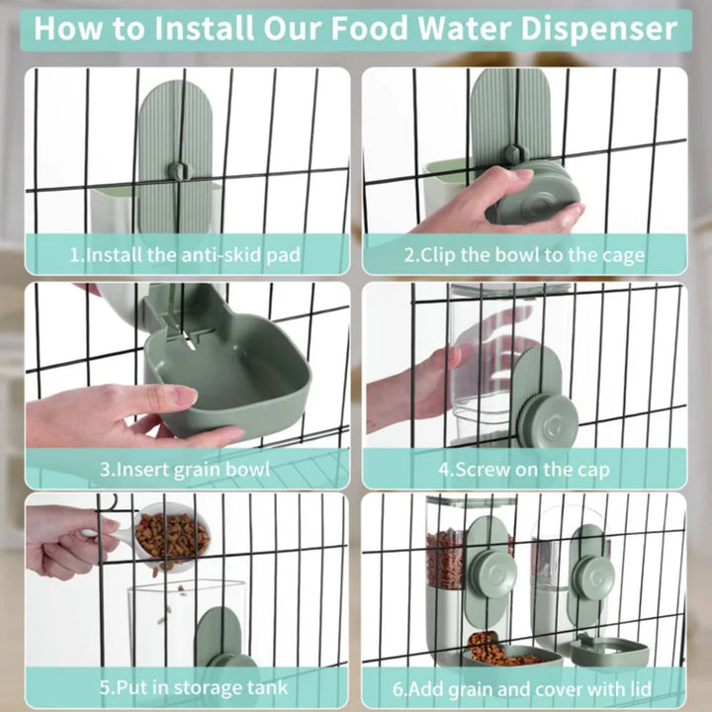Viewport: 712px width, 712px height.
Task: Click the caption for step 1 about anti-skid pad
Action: (185, 255)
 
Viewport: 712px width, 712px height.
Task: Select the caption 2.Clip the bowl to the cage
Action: (524, 255)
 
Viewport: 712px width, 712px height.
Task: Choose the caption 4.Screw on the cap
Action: (524, 469)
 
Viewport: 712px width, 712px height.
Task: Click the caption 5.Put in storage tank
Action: (185, 685)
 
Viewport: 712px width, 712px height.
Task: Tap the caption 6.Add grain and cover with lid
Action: (524, 685)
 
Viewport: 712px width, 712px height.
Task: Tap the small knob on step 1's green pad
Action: (176, 169)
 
